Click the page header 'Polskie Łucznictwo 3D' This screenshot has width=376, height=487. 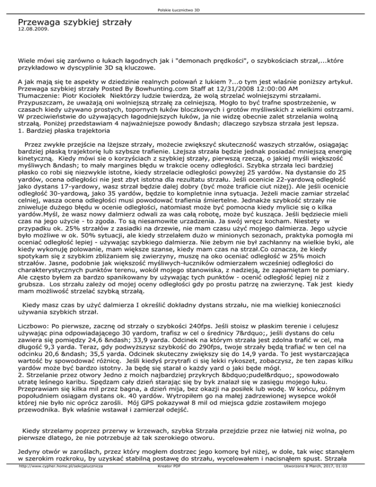coord(188,10)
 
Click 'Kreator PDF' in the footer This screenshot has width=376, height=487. coord(167,481)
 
